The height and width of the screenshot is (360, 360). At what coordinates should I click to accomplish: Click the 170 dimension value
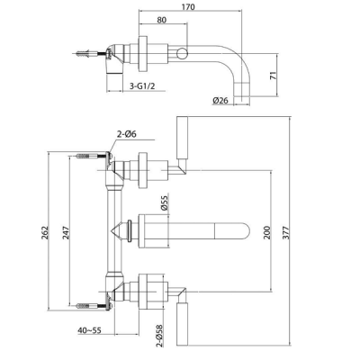point(189,6)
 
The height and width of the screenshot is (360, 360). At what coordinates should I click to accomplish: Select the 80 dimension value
point(161,20)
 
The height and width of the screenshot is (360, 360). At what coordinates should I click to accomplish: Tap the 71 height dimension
point(274,76)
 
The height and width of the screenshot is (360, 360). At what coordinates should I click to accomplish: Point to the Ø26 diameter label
point(220,101)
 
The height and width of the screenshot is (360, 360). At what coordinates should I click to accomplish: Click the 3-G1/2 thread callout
point(142,86)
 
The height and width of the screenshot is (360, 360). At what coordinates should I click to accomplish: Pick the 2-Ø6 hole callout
point(126,134)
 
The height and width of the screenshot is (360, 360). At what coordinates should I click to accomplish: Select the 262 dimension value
point(44,232)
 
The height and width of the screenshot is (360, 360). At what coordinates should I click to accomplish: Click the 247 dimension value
point(66,232)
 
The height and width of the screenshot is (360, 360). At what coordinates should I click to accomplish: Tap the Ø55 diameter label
point(165,202)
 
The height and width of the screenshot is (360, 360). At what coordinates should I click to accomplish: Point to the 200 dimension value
point(266,232)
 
